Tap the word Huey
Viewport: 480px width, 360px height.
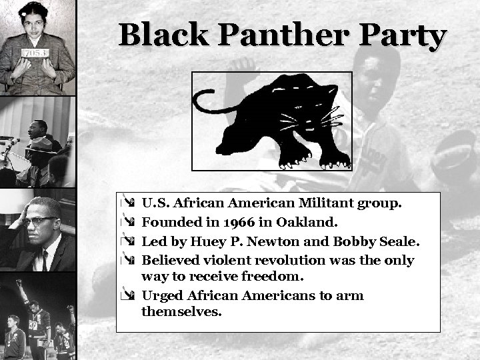[199, 241]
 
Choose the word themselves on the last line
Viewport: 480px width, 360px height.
[181, 311]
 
